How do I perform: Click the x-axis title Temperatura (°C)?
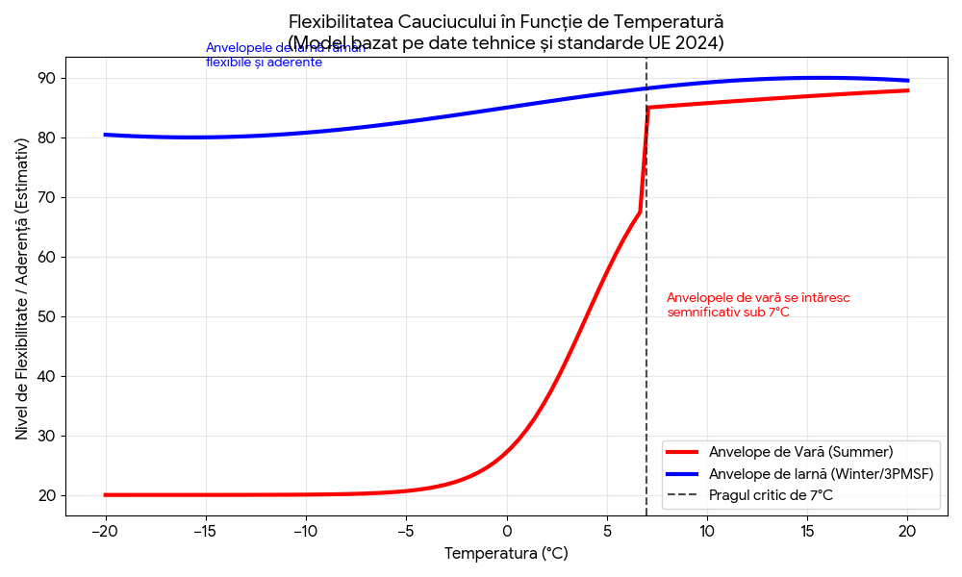pyautogui.click(x=506, y=554)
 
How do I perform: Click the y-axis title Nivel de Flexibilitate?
pyautogui.click(x=22, y=288)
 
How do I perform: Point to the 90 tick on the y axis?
pyautogui.click(x=46, y=78)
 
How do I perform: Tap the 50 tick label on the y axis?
pyautogui.click(x=46, y=316)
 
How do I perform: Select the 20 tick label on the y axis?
pyautogui.click(x=46, y=495)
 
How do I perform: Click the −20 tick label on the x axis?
pyautogui.click(x=105, y=530)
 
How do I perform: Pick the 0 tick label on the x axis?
pyautogui.click(x=506, y=530)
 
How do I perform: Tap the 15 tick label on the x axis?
pyautogui.click(x=807, y=530)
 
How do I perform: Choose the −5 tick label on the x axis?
pyautogui.click(x=405, y=530)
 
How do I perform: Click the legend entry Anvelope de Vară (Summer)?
pyautogui.click(x=800, y=452)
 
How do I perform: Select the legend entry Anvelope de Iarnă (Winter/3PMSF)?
pyautogui.click(x=821, y=473)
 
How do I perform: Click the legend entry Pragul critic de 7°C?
pyautogui.click(x=771, y=495)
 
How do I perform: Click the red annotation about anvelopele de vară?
pyautogui.click(x=758, y=305)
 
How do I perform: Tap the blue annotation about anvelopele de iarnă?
pyautogui.click(x=285, y=55)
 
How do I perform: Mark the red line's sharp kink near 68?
pyautogui.click(x=640, y=212)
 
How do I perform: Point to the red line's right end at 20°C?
pyautogui.click(x=907, y=90)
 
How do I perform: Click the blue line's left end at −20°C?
pyautogui.click(x=105, y=135)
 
